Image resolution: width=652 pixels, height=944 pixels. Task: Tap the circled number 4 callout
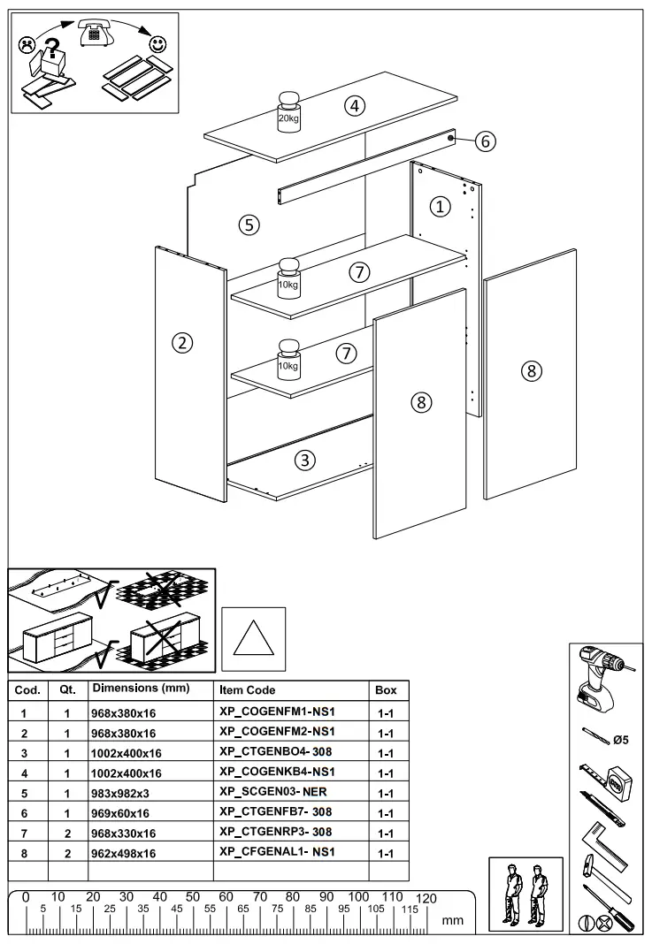click(x=354, y=106)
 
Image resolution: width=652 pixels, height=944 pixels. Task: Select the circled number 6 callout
click(x=484, y=141)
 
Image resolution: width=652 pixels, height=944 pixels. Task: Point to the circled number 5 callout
click(x=249, y=225)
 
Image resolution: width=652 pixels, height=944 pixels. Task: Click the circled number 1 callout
click(x=440, y=206)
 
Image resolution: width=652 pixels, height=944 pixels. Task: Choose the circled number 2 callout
click(x=182, y=343)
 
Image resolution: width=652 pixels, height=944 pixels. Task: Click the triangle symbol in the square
click(x=253, y=639)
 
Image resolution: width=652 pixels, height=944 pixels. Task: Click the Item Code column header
click(x=247, y=689)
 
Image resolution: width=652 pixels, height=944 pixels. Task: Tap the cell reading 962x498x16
click(x=124, y=854)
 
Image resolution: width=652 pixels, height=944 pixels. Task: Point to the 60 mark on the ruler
click(x=226, y=897)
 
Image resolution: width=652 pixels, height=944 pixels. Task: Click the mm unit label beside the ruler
click(x=452, y=920)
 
